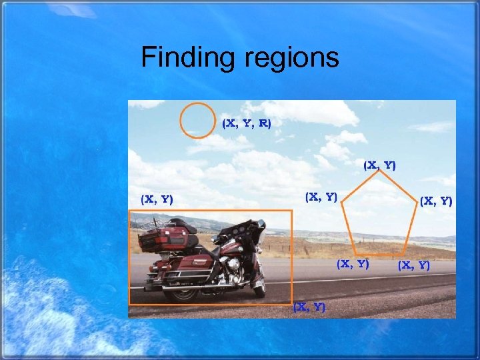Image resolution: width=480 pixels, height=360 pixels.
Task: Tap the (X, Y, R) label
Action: click(x=247, y=123)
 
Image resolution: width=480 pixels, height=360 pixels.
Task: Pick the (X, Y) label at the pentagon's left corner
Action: click(x=321, y=197)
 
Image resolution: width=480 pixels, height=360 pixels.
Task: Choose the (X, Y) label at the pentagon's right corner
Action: click(x=436, y=201)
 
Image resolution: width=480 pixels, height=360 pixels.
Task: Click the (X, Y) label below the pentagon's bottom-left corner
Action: click(x=353, y=263)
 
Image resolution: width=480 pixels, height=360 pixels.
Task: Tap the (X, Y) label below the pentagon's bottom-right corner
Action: click(x=414, y=265)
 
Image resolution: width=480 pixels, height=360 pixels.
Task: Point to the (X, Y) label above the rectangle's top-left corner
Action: click(x=157, y=199)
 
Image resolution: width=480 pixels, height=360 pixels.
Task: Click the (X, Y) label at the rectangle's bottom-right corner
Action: click(x=309, y=307)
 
